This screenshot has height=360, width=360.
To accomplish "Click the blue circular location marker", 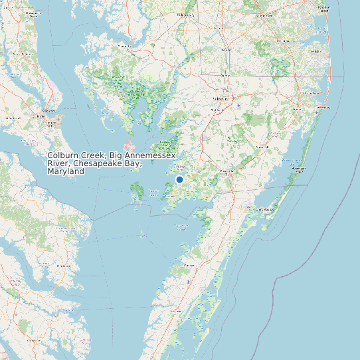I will click(x=179, y=179).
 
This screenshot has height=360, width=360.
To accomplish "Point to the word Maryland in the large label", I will click(x=66, y=171).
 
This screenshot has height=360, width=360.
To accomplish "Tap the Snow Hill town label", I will click(x=262, y=146).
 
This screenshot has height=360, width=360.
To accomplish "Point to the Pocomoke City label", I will click(x=228, y=171).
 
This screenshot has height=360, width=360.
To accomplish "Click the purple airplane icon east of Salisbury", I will click(x=239, y=104).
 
